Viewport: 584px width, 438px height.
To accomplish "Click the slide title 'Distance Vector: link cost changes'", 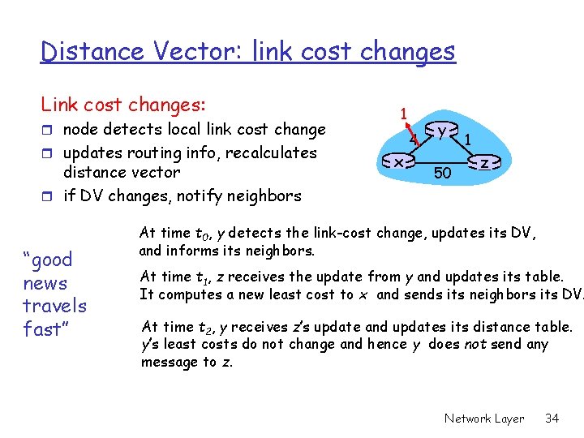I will click(x=247, y=52).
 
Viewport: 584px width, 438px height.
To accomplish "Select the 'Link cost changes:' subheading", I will click(x=123, y=105).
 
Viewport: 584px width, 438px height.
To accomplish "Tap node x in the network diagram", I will click(x=399, y=163).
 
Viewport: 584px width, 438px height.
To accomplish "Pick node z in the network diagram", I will click(x=483, y=163).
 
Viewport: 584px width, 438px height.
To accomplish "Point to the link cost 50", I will click(x=443, y=173).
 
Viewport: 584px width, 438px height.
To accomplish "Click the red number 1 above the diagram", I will click(x=403, y=112).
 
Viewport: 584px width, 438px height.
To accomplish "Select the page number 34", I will click(x=552, y=419).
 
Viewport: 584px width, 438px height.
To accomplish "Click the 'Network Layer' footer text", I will click(x=484, y=419).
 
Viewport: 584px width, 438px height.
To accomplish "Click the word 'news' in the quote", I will click(x=45, y=283).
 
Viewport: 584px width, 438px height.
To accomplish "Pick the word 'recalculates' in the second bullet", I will click(x=273, y=152).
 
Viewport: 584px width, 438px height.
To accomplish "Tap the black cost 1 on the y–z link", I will click(x=468, y=140).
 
